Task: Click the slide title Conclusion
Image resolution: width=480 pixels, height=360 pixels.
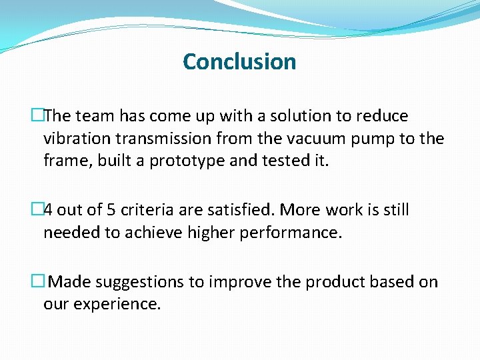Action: point(239,61)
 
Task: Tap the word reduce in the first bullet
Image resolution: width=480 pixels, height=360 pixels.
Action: point(381,116)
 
